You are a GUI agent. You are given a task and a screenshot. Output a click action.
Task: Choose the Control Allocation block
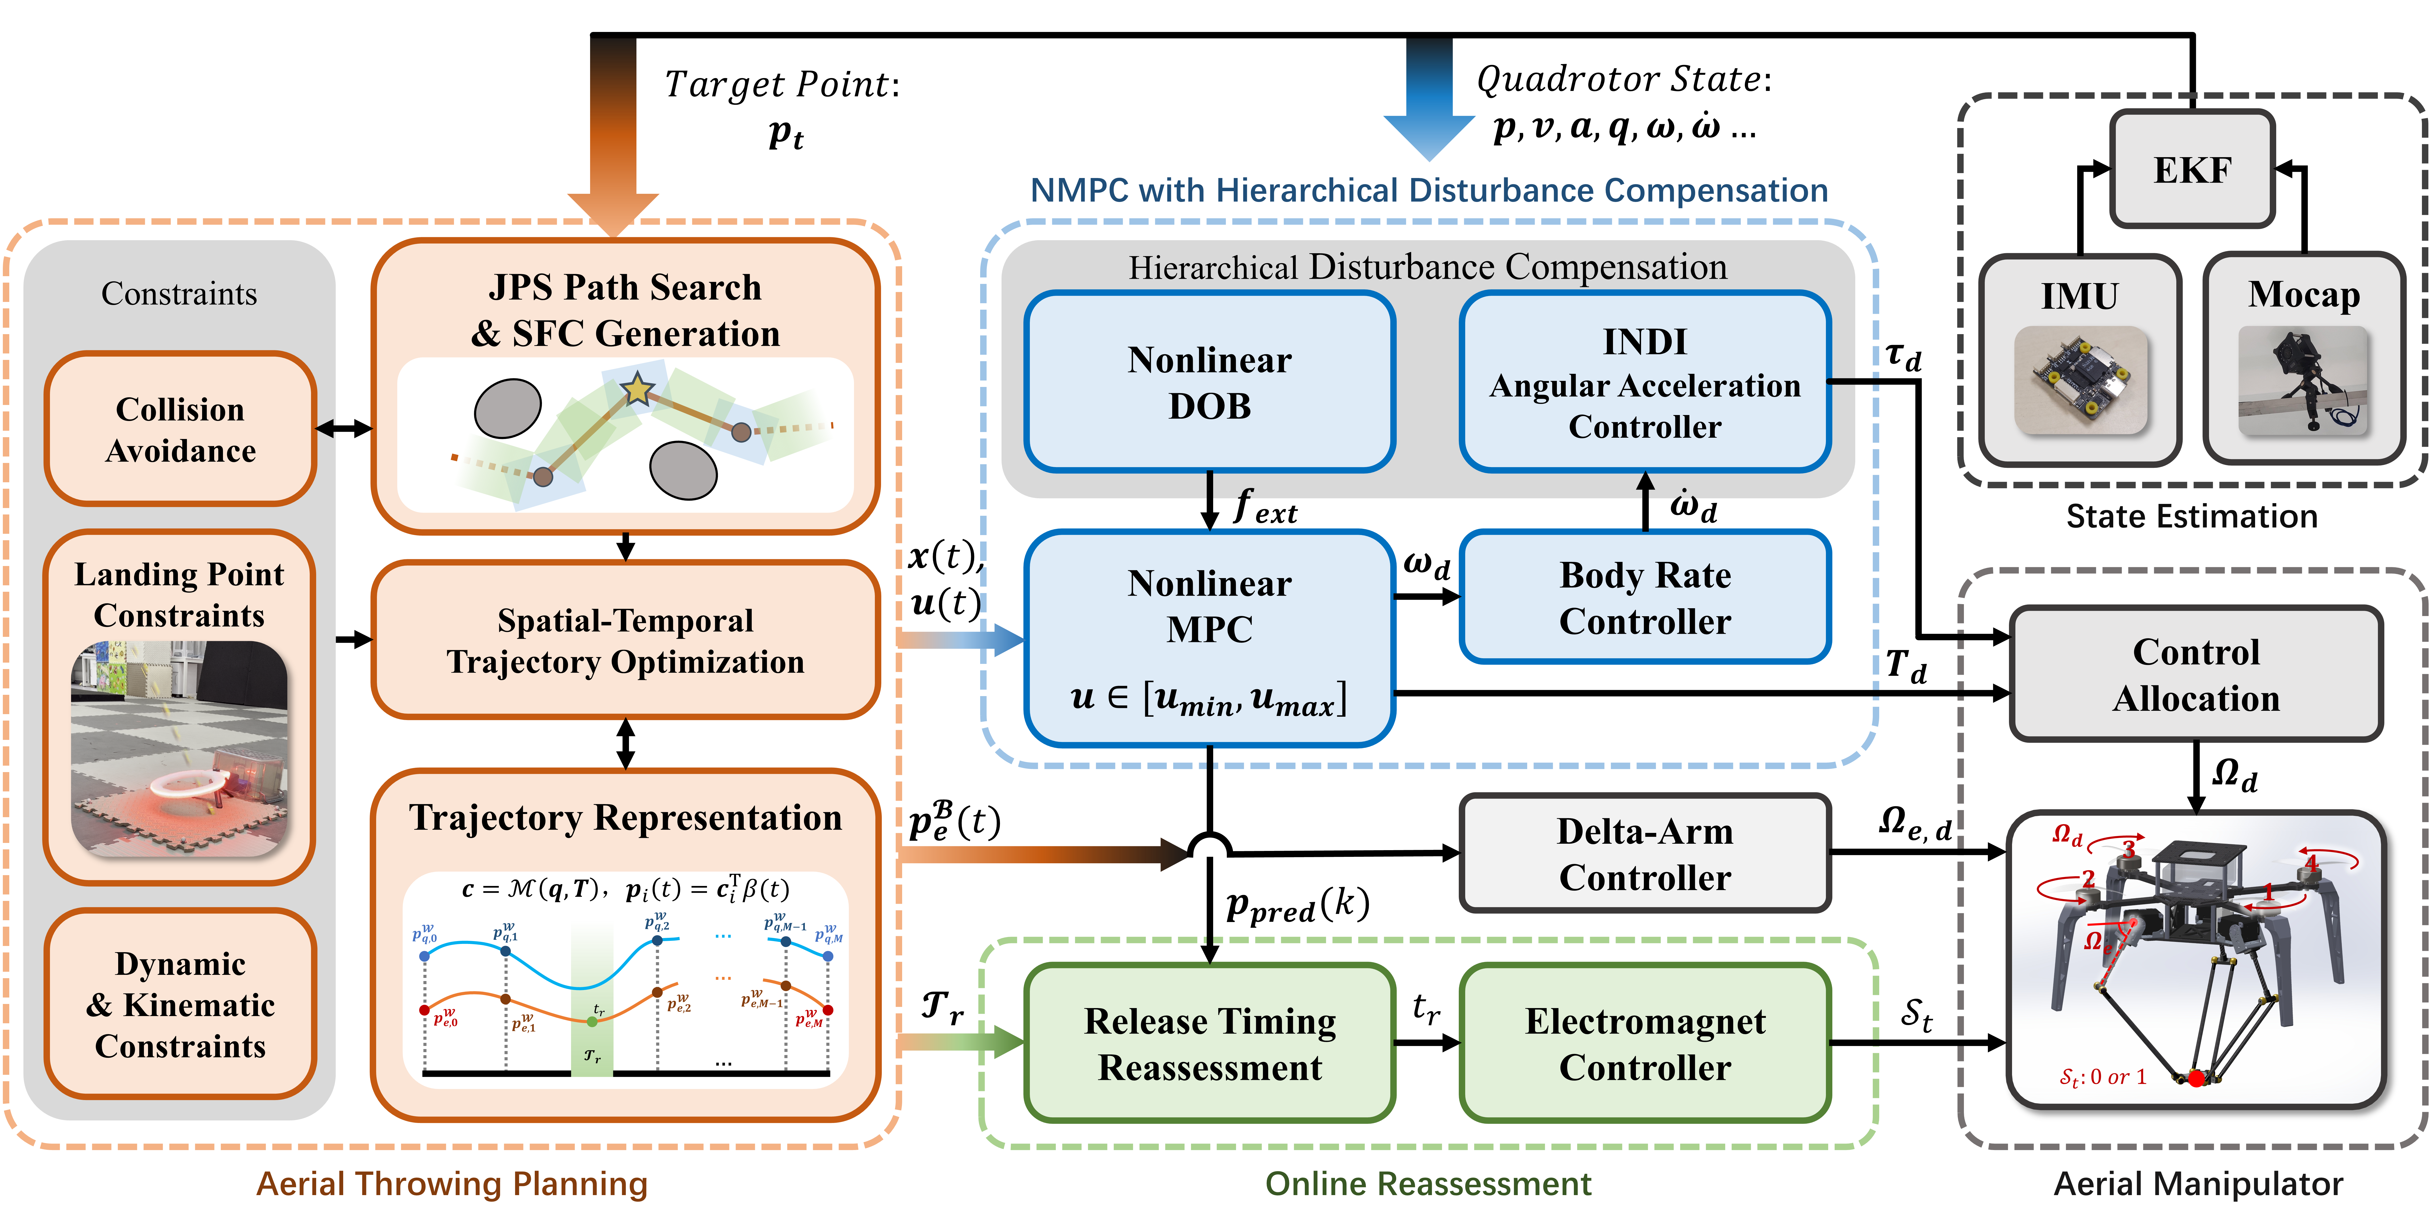click(2196, 674)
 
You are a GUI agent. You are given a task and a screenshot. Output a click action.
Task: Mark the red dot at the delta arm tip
click(2196, 1077)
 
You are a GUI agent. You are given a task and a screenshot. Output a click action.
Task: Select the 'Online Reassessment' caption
click(1428, 1183)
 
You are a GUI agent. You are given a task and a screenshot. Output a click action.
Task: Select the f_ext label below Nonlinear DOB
click(1266, 508)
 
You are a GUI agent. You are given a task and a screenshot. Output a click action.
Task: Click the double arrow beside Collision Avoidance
click(344, 429)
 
